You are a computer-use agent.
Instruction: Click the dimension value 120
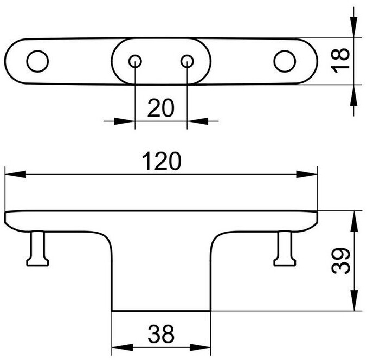click(x=160, y=162)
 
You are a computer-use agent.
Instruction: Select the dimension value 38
click(x=160, y=334)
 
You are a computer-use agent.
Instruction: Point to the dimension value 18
click(x=340, y=61)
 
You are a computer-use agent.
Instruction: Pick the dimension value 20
click(x=160, y=108)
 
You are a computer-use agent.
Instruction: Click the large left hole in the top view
click(x=37, y=61)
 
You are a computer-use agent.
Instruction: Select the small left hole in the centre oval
click(x=134, y=61)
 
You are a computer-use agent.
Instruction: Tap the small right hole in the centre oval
click(x=187, y=61)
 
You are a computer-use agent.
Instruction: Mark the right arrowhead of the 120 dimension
click(x=308, y=174)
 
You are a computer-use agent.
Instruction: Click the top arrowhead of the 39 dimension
click(x=355, y=218)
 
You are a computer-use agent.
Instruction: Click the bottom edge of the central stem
click(x=160, y=311)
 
